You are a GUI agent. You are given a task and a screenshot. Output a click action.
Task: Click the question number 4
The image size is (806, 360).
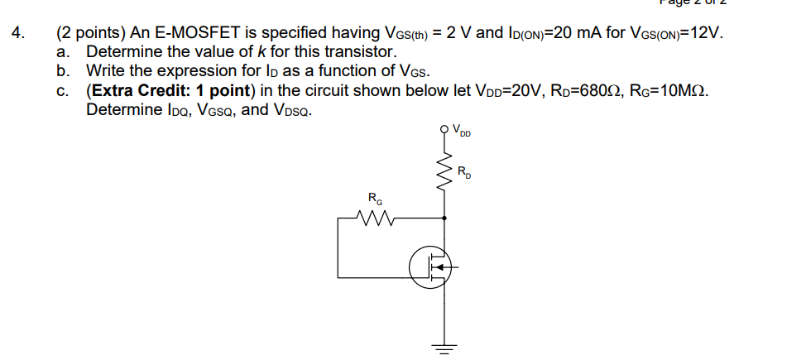click(18, 34)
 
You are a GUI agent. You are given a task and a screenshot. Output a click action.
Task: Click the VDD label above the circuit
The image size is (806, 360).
click(460, 130)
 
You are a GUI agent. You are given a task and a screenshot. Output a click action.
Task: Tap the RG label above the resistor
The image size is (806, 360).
click(375, 199)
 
